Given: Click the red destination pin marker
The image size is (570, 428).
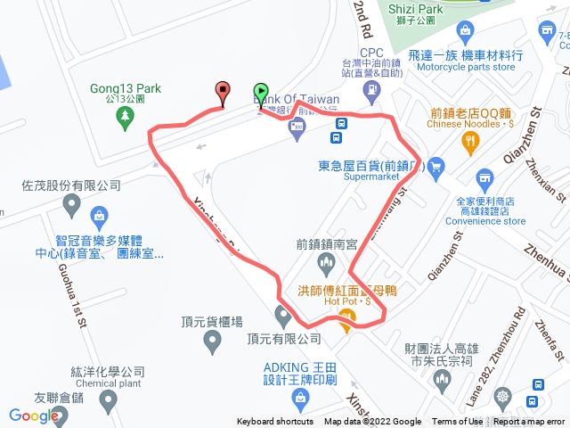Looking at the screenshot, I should [x=222, y=90].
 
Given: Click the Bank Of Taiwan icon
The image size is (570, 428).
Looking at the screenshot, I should [x=296, y=130].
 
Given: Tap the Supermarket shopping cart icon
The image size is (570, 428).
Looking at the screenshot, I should [x=435, y=165].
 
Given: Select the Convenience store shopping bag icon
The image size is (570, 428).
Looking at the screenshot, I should [x=484, y=177].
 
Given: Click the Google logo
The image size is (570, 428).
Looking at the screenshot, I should [x=34, y=415].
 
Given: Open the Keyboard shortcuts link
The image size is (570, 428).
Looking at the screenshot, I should [x=274, y=422].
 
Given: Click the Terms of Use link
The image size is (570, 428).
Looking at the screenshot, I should [x=457, y=422].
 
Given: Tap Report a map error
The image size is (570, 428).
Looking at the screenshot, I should [x=530, y=422].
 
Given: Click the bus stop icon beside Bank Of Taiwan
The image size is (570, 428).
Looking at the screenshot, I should [x=337, y=137].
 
